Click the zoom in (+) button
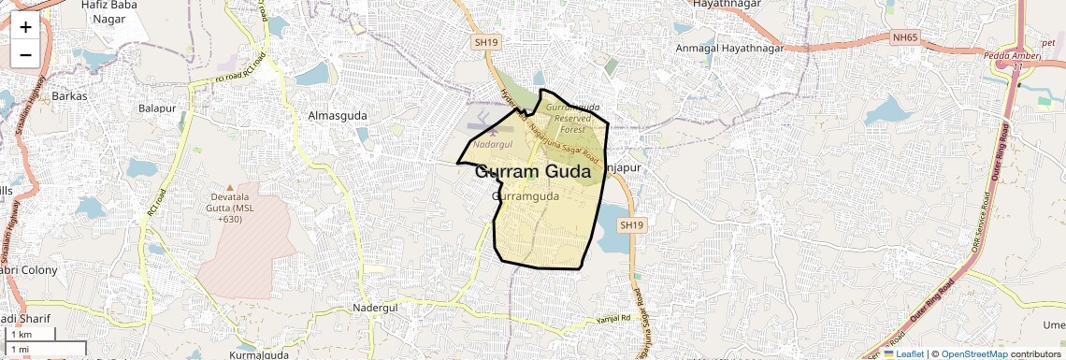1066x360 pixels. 25,28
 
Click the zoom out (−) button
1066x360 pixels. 25,54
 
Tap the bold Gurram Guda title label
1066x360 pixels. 533,172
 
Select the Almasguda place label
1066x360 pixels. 338,115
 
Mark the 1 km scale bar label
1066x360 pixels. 21,334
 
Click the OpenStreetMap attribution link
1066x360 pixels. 974,353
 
